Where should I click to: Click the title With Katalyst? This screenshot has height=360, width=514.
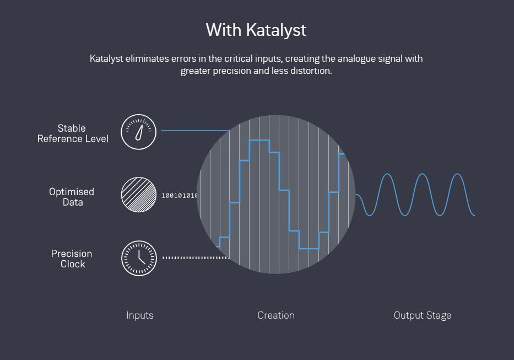pos(256,30)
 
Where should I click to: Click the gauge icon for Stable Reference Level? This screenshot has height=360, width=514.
pos(139,132)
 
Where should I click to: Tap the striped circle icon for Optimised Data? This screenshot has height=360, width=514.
pos(139,195)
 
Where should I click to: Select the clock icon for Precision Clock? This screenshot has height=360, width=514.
pos(139,258)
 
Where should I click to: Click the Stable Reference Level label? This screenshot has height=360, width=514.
pos(73,133)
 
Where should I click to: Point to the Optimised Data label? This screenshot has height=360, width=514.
pos(72,197)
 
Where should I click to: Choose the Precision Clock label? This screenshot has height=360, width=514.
pos(72,259)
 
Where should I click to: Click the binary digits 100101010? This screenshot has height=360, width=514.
pos(179,196)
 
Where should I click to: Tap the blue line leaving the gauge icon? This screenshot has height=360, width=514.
pos(195,131)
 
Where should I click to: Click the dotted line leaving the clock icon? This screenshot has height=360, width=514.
pos(196,257)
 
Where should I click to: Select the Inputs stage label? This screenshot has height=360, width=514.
pos(139,315)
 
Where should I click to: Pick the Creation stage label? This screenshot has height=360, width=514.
pos(276,315)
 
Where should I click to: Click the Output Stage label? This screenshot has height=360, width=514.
pos(423,315)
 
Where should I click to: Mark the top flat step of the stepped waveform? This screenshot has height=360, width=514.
pos(259,140)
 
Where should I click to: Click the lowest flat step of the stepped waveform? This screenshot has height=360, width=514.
pos(309,249)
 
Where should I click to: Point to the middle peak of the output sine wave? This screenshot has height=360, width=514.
pos(422,174)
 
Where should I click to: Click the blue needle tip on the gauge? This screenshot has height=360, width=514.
pos(144,121)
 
